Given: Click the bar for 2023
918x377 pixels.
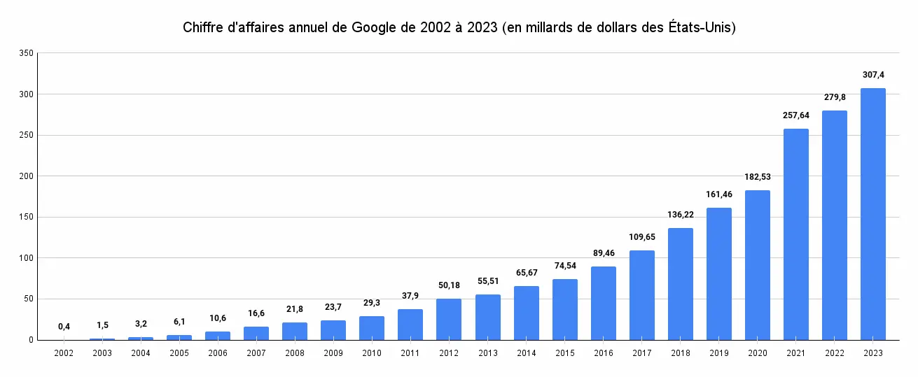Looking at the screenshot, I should pyautogui.click(x=872, y=214).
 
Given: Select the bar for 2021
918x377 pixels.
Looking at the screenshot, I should pyautogui.click(x=795, y=234).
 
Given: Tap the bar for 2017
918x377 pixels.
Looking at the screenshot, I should pyautogui.click(x=641, y=295).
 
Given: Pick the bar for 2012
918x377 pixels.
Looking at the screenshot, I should pyautogui.click(x=449, y=320).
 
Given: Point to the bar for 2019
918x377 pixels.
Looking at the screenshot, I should pyautogui.click(x=718, y=274).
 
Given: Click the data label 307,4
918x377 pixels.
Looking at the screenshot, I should pyautogui.click(x=872, y=74).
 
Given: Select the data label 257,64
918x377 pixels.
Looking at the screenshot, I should pyautogui.click(x=795, y=115).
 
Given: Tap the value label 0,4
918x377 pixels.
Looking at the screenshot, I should pyautogui.click(x=64, y=326).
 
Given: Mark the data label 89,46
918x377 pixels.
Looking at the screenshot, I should pyautogui.click(x=603, y=252).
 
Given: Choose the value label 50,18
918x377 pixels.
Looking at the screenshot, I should pyautogui.click(x=449, y=285).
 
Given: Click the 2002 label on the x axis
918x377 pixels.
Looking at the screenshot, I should pyautogui.click(x=64, y=353).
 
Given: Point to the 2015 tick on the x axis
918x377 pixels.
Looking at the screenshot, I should pyautogui.click(x=564, y=353).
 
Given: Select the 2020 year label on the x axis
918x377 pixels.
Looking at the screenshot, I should pyautogui.click(x=757, y=353).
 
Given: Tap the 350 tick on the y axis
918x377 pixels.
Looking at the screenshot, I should pyautogui.click(x=26, y=53).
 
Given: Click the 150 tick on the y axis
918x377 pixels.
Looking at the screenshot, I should pyautogui.click(x=26, y=217).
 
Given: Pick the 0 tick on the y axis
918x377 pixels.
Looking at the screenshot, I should pyautogui.click(x=31, y=340).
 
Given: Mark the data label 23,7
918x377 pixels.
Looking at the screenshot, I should pyautogui.click(x=333, y=306).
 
